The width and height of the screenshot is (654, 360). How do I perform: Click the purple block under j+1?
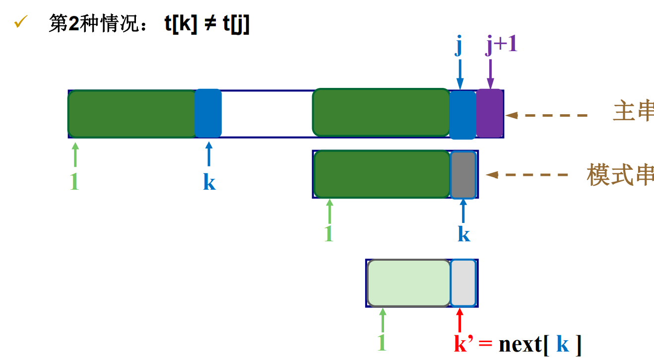click(490, 113)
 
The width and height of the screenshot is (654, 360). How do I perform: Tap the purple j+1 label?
click(501, 45)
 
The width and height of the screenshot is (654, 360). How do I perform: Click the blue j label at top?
click(458, 47)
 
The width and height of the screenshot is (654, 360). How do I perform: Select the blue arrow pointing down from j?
click(459, 74)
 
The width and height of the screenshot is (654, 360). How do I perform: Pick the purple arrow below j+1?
click(490, 74)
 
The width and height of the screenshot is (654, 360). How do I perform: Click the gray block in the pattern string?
click(463, 174)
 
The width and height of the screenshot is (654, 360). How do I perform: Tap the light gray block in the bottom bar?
click(463, 283)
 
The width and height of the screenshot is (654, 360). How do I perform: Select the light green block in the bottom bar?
click(409, 283)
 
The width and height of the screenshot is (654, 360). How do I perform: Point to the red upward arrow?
click(459, 320)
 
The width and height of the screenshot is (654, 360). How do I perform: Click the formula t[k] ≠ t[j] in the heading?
click(207, 23)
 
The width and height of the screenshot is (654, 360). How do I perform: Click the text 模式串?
click(620, 175)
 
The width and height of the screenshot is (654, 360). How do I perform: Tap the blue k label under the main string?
click(209, 182)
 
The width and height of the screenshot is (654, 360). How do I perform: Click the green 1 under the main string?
click(74, 182)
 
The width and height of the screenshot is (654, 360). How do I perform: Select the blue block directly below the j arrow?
click(462, 114)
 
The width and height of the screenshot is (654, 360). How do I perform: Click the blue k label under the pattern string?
click(464, 233)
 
